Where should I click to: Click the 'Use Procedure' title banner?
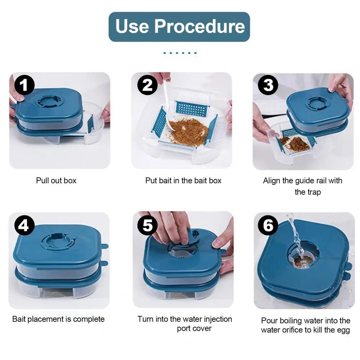pyautogui.click(x=179, y=27)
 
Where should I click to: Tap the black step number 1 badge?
pyautogui.click(x=24, y=85)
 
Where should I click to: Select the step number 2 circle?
pyautogui.click(x=147, y=85)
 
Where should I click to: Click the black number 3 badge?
pyautogui.click(x=268, y=85)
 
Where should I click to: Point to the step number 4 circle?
pyautogui.click(x=24, y=225)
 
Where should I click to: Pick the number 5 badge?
pyautogui.click(x=147, y=225)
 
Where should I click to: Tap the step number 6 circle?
pyautogui.click(x=268, y=225)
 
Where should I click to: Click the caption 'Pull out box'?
pyautogui.click(x=56, y=181)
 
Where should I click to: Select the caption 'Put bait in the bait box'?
pyautogui.click(x=183, y=181)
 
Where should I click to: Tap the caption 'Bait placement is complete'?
pyautogui.click(x=58, y=319)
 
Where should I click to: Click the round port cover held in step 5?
pyautogui.click(x=184, y=240)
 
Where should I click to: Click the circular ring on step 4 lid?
pyautogui.click(x=58, y=242)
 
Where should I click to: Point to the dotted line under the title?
pyautogui.click(x=180, y=53)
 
